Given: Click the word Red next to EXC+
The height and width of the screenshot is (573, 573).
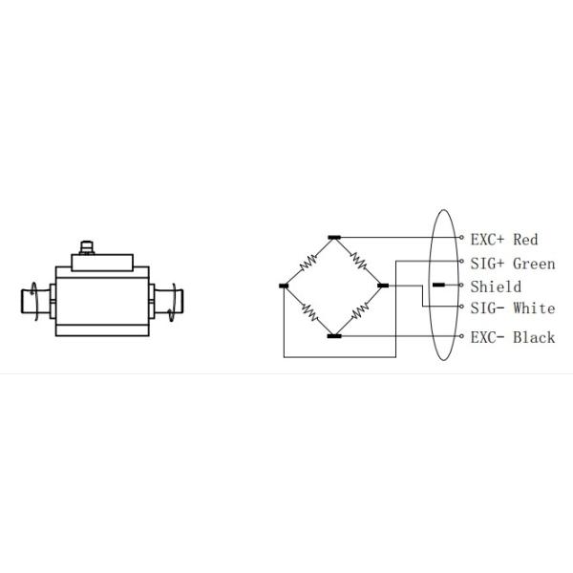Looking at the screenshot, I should [526, 239].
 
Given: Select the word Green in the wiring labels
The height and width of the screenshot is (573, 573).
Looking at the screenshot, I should [534, 263].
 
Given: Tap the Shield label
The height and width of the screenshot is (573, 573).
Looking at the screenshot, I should [496, 286].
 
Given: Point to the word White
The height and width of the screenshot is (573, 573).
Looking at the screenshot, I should [534, 308].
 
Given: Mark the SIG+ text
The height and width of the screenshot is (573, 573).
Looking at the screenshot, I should [488, 263].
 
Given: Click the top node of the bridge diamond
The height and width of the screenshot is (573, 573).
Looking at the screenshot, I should [333, 236].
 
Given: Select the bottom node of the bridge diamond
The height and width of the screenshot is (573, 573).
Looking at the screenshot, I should [333, 336].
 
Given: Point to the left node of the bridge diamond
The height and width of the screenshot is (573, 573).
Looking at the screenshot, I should [284, 286].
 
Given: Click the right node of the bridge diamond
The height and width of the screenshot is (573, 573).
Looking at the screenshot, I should [383, 286].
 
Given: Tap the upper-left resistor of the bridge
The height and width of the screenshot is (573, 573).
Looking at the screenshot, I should [308, 260].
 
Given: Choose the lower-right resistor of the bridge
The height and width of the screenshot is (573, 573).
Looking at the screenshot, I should [358, 311].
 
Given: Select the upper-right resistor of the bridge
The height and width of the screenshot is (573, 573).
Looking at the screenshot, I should [358, 260].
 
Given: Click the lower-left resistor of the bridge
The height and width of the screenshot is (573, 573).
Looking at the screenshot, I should [308, 311].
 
